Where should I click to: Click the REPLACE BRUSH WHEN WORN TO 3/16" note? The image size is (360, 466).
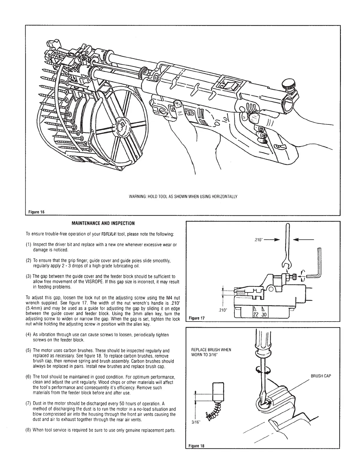[211, 352]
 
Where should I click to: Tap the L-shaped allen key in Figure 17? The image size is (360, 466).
[316, 268]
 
